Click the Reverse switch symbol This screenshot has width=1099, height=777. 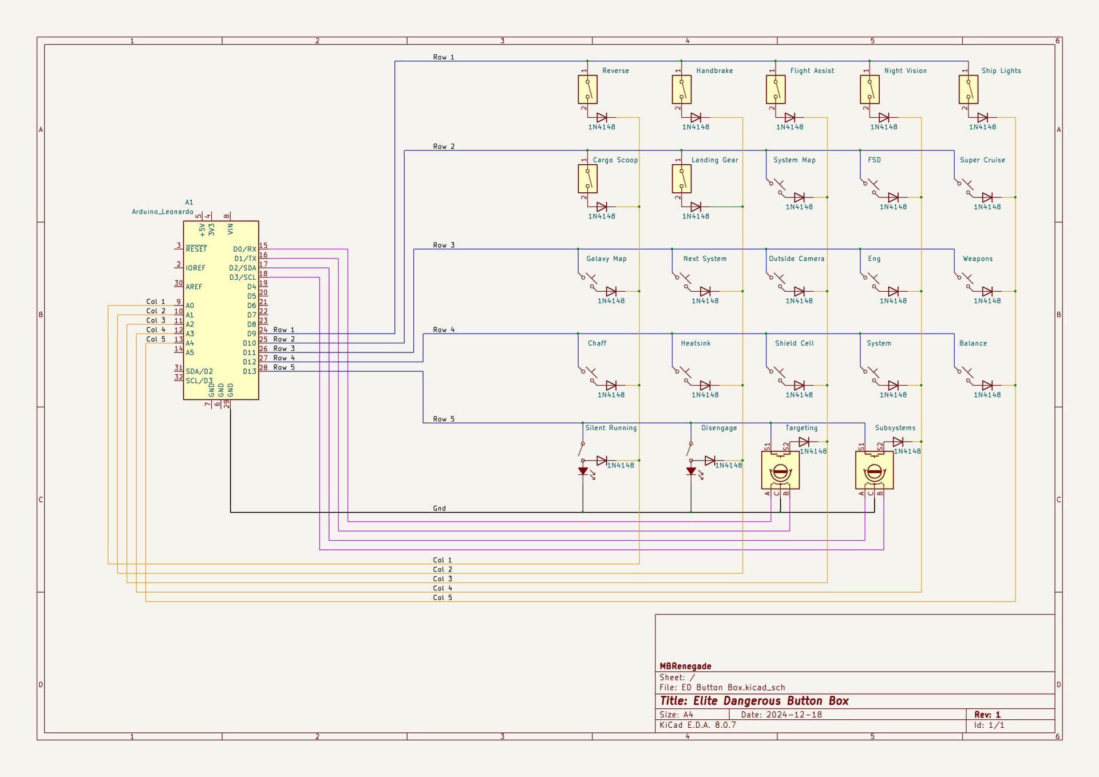coord(587,90)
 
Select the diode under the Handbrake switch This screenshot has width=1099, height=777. coord(695,118)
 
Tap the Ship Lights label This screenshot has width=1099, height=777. coord(1001,71)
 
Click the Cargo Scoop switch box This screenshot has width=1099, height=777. coord(587,179)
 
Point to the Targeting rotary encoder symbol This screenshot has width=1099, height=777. coord(780,471)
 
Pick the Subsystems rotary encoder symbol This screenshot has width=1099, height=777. coord(874,471)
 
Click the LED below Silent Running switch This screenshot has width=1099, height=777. coord(583,471)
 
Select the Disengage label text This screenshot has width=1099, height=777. coord(719,428)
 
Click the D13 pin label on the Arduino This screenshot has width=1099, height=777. coord(249,371)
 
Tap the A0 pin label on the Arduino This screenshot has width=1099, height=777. coord(189,306)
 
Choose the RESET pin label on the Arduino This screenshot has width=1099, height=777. coord(196,249)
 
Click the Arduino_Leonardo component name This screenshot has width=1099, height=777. coord(163,212)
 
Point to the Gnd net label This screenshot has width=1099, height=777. coord(439,508)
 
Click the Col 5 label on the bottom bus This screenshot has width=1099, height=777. coord(442,597)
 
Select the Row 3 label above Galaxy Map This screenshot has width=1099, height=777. coord(444,245)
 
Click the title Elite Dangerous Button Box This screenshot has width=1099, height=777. coord(754,701)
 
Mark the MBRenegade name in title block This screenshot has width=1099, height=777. coord(685,666)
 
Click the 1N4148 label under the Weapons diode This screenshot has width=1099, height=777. coord(987,301)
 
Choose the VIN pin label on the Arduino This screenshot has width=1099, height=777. coord(230,229)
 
